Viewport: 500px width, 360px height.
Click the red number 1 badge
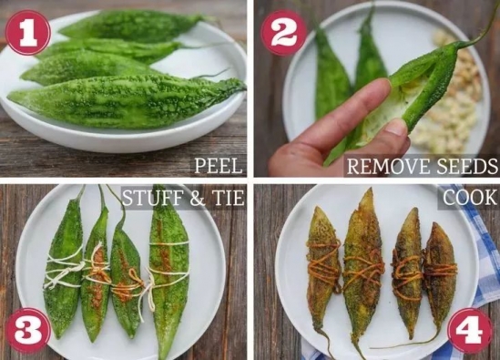(x=27, y=33)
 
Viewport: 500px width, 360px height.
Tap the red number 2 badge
(x=283, y=33)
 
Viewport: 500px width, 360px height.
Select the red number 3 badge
(x=27, y=330)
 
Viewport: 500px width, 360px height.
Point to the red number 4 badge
(x=470, y=330)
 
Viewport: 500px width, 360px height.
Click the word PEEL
(x=219, y=165)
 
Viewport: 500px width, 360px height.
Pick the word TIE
(x=227, y=198)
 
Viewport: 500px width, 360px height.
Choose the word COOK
(x=469, y=198)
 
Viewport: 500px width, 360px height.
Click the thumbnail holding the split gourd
(x=377, y=88)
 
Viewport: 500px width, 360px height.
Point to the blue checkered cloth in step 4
(x=478, y=255)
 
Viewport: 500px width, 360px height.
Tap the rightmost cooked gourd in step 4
(x=441, y=274)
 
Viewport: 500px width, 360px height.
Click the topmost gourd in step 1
(x=131, y=26)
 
